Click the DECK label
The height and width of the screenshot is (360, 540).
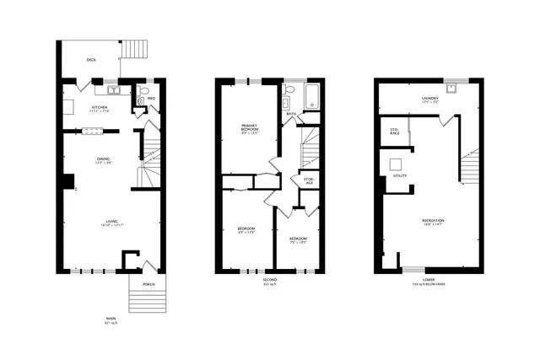tap(90, 60)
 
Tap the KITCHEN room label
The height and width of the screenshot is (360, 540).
tap(100, 108)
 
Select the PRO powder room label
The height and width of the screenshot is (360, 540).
tap(151, 99)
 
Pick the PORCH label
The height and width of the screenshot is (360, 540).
tap(148, 284)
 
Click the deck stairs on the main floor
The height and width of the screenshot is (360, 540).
tap(133, 50)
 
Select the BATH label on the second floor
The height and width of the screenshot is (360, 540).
tap(291, 113)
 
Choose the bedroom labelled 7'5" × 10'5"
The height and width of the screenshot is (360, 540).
tap(297, 240)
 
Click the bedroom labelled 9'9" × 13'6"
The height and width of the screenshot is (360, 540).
tap(246, 230)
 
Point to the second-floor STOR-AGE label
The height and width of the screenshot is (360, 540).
tap(309, 180)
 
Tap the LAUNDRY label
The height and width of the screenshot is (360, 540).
tap(431, 99)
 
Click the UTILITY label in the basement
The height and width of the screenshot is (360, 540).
tap(400, 175)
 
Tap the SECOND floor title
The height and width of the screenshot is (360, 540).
tap(270, 279)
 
